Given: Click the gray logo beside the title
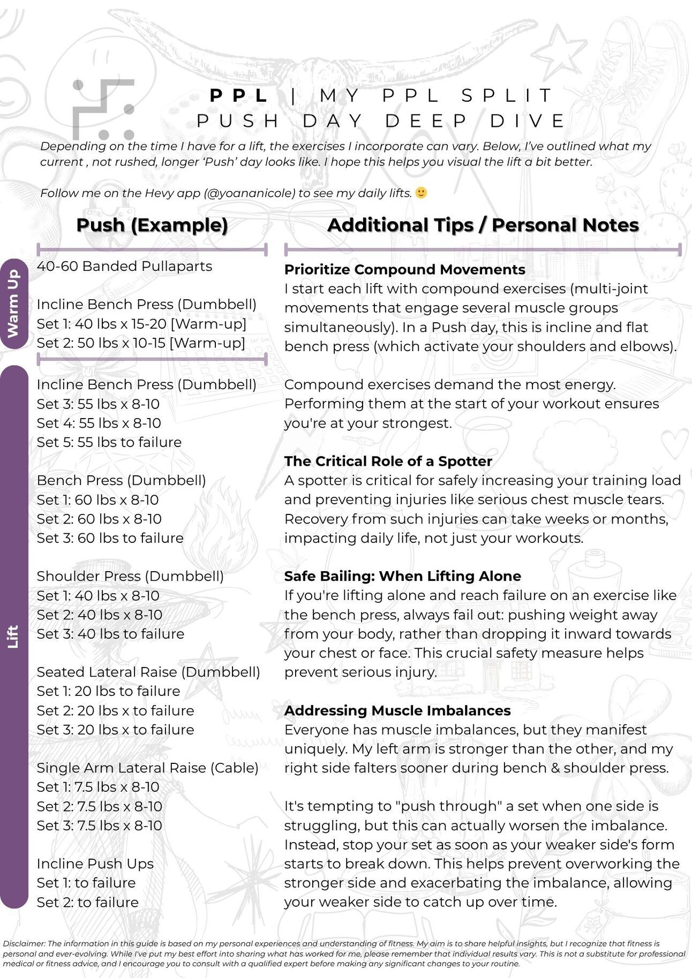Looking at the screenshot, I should (103, 110).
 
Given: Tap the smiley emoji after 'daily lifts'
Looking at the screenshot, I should (422, 193).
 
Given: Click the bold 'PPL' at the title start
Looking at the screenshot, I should (239, 96).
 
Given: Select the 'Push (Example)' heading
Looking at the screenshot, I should (152, 225).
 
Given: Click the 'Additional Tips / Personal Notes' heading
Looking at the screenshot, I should (483, 225).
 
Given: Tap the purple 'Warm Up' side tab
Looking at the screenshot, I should (13, 304).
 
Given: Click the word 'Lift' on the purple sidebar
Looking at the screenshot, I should (13, 636).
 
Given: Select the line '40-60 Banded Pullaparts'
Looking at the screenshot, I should (124, 266).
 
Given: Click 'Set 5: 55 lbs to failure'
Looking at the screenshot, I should (109, 442).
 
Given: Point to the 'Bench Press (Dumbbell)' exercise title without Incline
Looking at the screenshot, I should (121, 480).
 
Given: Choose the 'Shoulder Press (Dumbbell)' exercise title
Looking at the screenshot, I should (130, 576).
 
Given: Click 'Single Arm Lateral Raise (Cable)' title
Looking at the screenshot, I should (147, 768).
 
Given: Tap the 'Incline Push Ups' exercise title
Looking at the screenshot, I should (95, 863).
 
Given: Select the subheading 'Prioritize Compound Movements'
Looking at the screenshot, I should (404, 269).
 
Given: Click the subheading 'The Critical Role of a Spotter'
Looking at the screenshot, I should (388, 461).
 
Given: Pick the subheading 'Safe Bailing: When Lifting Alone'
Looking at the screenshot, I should (402, 576).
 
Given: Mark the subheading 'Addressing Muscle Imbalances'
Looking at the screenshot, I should (397, 710).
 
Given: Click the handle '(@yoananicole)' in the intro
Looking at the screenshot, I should (249, 193).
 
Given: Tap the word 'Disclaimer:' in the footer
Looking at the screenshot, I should (24, 944).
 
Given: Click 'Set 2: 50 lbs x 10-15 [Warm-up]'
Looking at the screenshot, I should (141, 343).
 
